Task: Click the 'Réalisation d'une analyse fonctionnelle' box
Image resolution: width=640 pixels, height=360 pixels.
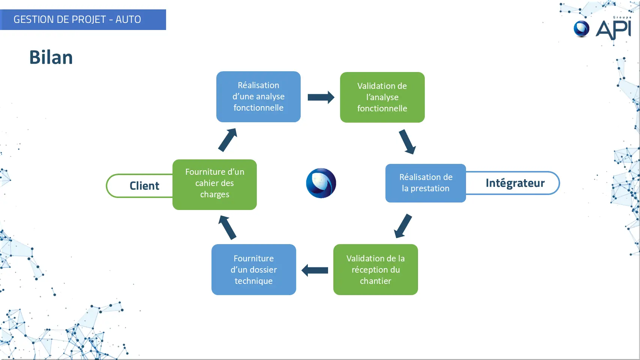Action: coord(258,97)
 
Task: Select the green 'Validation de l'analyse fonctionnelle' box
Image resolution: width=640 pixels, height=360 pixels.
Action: coord(382,97)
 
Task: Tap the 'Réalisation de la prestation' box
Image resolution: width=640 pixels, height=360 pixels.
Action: coord(426,183)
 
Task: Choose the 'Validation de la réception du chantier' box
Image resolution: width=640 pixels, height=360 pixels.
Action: coord(375,269)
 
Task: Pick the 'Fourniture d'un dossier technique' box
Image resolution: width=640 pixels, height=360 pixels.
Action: coord(254,269)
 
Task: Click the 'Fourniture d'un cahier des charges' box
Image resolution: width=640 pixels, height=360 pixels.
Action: coord(214,184)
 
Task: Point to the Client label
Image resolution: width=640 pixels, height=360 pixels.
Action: coord(144,186)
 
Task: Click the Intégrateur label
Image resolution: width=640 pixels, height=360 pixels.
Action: coord(515,183)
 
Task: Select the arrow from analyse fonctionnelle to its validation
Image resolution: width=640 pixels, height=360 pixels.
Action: coord(321,97)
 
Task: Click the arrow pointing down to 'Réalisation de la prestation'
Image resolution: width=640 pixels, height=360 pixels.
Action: coord(407,142)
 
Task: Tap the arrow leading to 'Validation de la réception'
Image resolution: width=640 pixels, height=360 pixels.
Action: coord(403,226)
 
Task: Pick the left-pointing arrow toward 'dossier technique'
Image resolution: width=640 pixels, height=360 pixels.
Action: coord(315,270)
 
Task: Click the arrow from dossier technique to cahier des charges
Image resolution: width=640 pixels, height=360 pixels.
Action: coord(228,227)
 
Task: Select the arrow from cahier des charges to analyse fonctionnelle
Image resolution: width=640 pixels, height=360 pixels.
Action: coord(228,140)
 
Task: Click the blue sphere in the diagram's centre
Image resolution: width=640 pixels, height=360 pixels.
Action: coord(321,183)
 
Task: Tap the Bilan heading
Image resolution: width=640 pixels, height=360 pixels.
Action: coord(51,57)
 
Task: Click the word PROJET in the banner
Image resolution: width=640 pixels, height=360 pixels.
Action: coord(88,19)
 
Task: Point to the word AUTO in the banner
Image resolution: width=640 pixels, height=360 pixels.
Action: coord(128,19)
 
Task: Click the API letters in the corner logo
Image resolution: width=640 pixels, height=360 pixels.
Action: coord(613,30)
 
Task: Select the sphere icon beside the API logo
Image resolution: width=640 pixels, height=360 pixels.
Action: coord(582,29)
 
